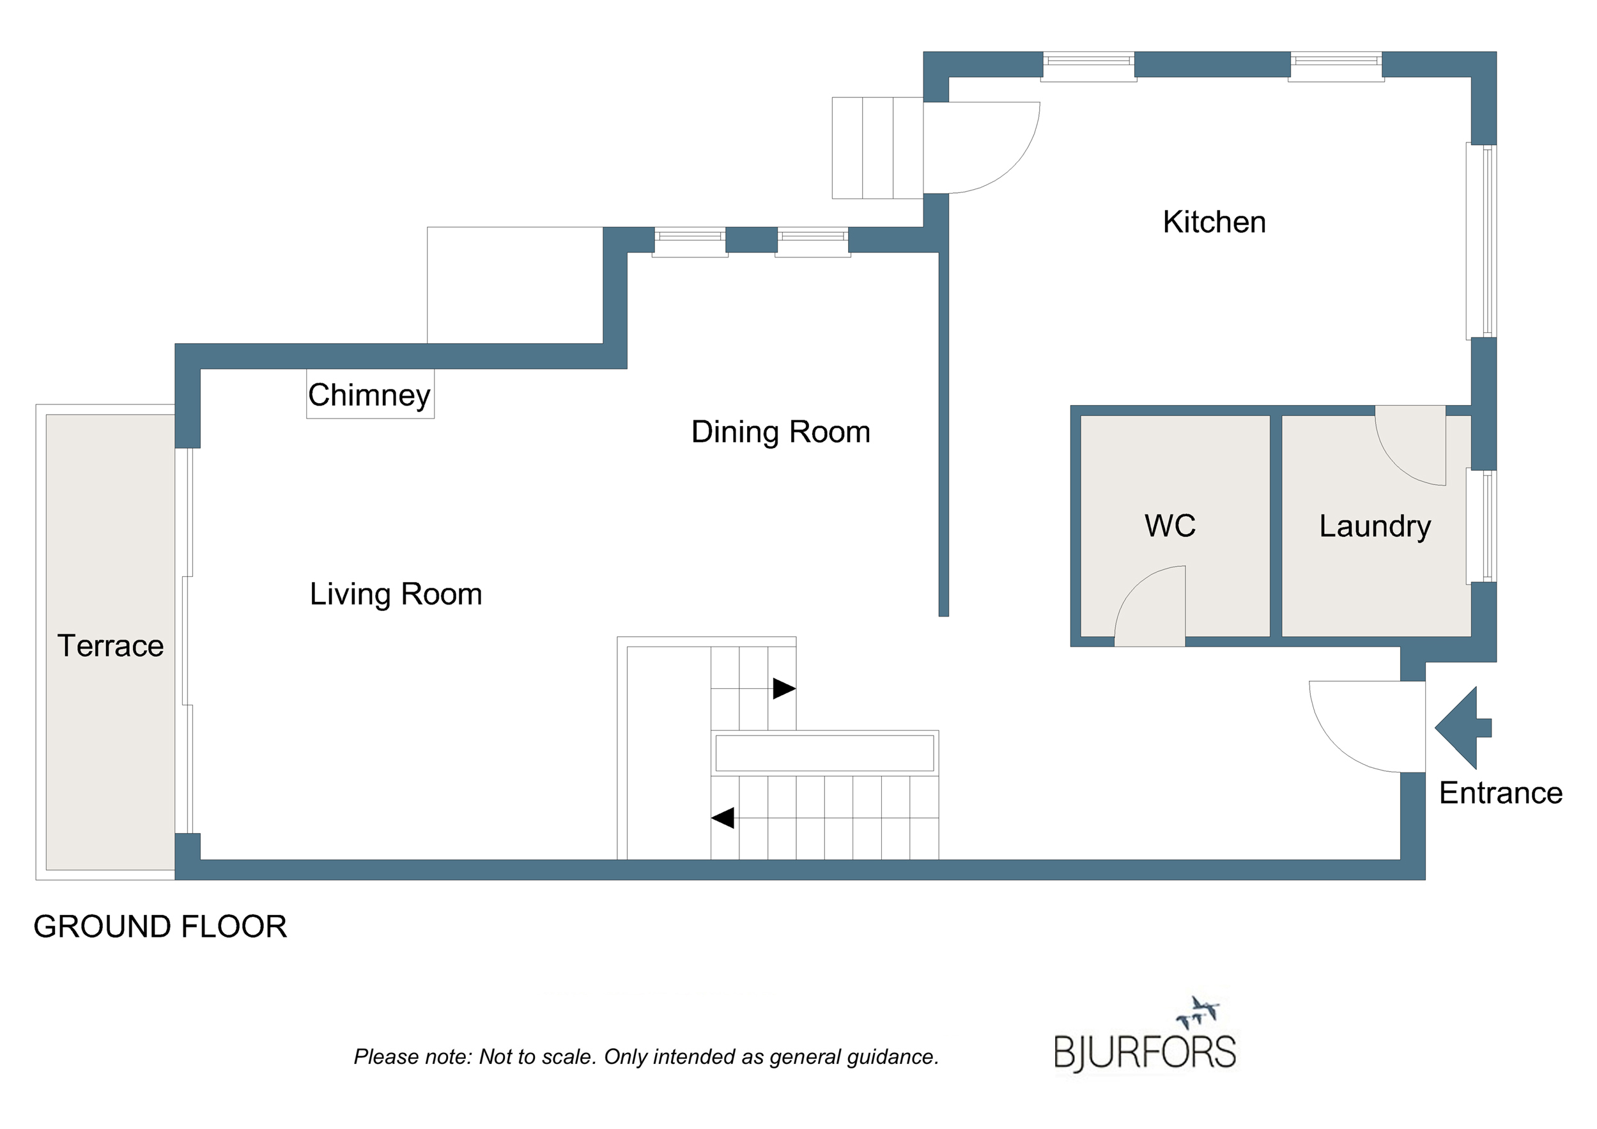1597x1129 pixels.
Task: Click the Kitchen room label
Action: click(x=1214, y=222)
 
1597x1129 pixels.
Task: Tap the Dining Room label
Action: click(x=780, y=432)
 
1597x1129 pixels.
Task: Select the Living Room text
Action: click(x=396, y=594)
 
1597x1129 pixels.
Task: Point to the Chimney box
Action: click(x=370, y=394)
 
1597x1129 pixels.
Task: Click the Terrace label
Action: click(x=111, y=645)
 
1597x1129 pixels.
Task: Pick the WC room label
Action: click(x=1170, y=526)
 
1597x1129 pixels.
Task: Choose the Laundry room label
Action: click(x=1375, y=526)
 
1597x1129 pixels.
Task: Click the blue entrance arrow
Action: click(x=1462, y=728)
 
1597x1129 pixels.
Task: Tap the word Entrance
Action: click(x=1501, y=793)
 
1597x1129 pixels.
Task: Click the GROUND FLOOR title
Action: click(x=160, y=926)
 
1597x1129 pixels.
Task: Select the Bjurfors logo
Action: click(x=1145, y=1036)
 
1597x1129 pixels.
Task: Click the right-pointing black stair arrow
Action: click(x=785, y=689)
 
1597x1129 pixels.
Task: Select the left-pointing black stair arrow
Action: click(x=723, y=818)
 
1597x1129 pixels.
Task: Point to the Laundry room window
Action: click(x=1481, y=526)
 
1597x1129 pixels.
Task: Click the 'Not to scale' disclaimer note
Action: click(x=646, y=1057)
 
